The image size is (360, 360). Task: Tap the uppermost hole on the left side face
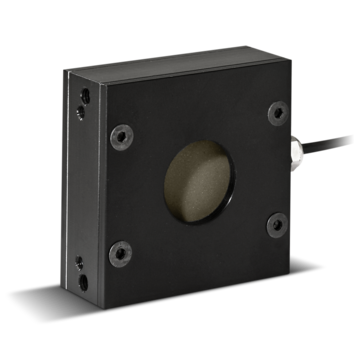(x=81, y=88)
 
